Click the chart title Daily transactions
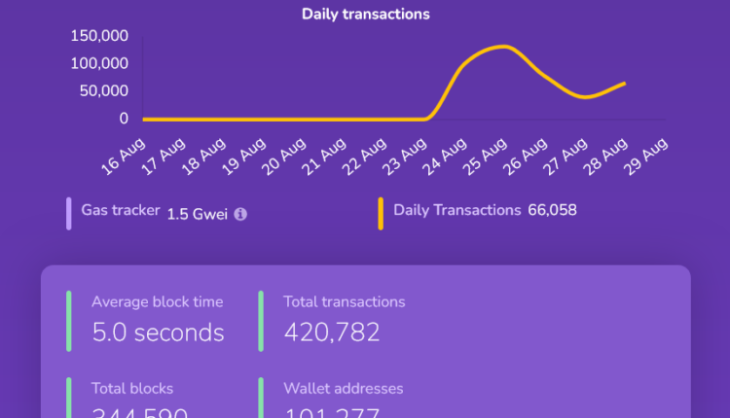point(365,14)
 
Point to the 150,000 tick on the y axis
point(100,36)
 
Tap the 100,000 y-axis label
point(100,63)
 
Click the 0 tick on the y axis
point(124,119)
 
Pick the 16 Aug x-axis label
point(124,152)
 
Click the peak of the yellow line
point(502,46)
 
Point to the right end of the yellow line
point(624,84)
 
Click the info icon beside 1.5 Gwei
point(240,214)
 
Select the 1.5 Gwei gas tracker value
point(197,213)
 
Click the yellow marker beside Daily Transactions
point(381,213)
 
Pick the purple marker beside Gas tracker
point(69,213)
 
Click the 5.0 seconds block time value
point(158,332)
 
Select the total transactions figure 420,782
point(332,332)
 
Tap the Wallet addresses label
point(343,389)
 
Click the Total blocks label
point(132,389)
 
